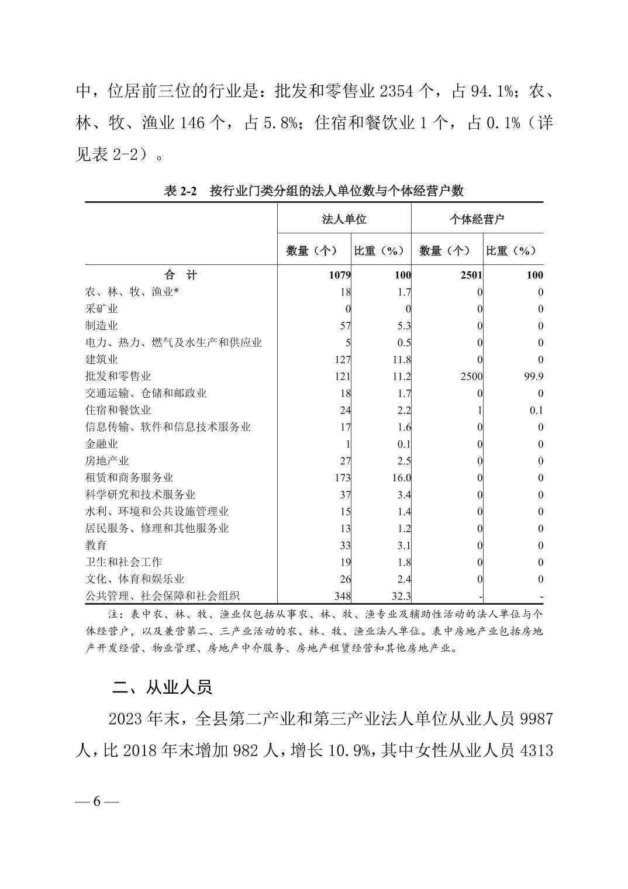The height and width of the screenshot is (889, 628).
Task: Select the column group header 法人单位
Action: click(344, 219)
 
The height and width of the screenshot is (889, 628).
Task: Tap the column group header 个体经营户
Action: click(477, 219)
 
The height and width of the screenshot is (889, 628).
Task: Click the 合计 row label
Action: click(181, 275)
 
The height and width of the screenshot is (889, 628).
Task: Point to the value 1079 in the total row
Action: click(339, 275)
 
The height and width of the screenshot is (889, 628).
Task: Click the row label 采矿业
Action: click(102, 309)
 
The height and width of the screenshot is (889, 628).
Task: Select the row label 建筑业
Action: click(102, 360)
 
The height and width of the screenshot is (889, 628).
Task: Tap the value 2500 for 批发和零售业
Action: click(471, 377)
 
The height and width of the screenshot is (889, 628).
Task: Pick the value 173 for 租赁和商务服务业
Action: click(343, 478)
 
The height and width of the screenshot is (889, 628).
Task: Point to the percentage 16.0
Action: click(401, 478)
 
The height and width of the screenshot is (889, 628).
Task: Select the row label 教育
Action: click(96, 546)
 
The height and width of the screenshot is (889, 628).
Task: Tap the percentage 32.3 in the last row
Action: click(401, 597)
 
